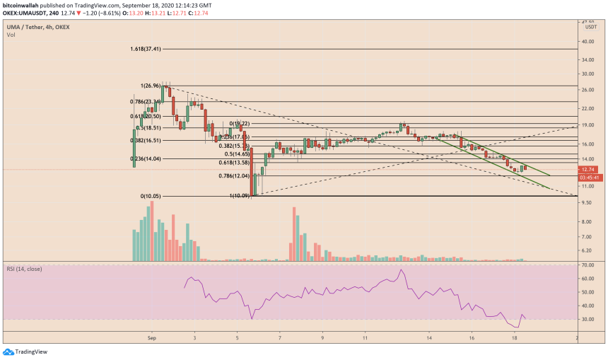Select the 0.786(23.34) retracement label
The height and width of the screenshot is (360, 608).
tap(146, 101)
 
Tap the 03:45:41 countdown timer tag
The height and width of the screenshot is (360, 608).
tap(589, 177)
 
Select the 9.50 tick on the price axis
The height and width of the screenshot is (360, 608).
tap(587, 202)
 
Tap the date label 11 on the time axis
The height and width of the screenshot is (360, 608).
tap(365, 339)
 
